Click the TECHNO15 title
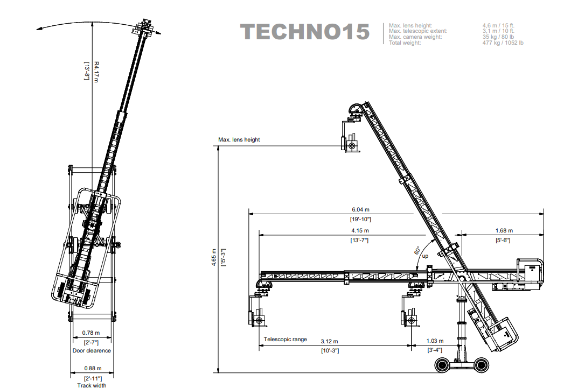coord(305,32)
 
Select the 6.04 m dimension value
coord(360,210)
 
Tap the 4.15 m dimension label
coord(360,231)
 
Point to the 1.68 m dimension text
coord(504,231)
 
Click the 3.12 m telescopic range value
coord(329,341)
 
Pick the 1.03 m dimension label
coord(435,341)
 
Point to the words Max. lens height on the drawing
coord(239,140)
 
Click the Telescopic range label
coord(285,340)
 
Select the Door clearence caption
coord(92,351)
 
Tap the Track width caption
coord(92,385)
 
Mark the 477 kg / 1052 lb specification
coord(503,43)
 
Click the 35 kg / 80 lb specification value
coord(498,37)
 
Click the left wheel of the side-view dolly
coord(442,366)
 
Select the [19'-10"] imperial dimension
coord(360,219)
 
